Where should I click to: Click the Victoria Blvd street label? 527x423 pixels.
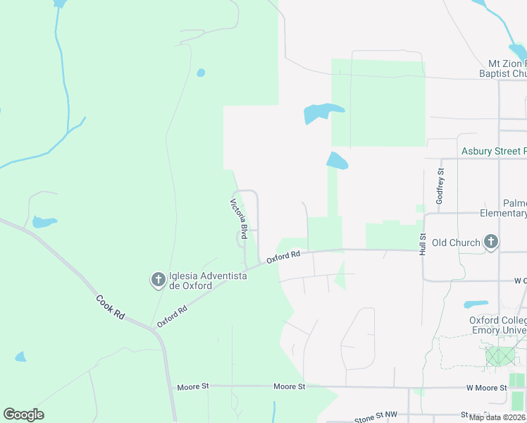pos(239,219)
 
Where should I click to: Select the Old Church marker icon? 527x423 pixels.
pos(491,243)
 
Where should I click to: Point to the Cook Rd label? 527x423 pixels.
pos(111,307)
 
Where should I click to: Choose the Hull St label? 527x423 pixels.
pos(423,244)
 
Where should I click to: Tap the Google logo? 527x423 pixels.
pos(23,415)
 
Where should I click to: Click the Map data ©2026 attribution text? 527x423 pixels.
pos(497,417)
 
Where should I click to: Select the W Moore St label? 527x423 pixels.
pos(486,388)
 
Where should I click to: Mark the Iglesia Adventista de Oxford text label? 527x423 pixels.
pos(208,281)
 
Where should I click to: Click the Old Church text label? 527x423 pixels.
pos(456,243)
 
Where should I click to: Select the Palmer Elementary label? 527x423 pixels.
pos(503,208)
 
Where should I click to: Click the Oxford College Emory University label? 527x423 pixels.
pos(498,325)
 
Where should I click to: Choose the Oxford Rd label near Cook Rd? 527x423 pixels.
pos(173,316)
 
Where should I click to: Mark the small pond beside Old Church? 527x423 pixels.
pos(476,305)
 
